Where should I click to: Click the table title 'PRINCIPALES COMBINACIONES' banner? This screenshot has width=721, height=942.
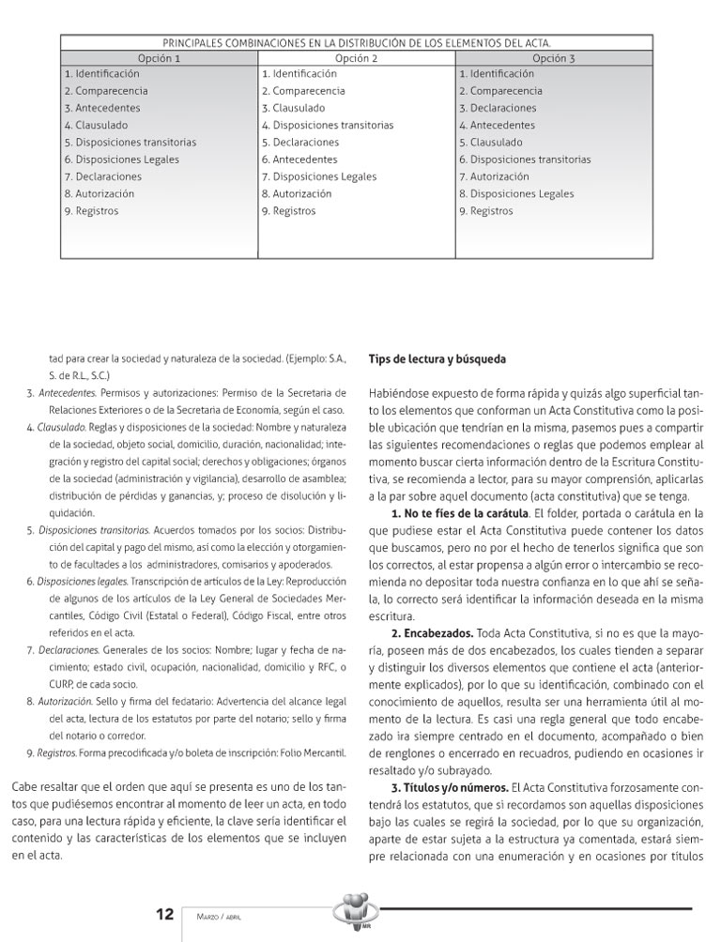click(357, 43)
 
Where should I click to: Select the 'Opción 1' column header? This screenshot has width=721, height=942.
click(160, 58)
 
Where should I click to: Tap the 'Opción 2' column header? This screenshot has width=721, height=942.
click(357, 58)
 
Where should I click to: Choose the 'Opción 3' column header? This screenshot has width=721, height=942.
click(554, 58)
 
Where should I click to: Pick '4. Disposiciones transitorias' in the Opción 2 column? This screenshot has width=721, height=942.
click(328, 125)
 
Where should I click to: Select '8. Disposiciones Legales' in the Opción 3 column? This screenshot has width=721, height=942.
click(516, 193)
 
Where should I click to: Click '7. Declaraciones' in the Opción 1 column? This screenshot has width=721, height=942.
click(103, 176)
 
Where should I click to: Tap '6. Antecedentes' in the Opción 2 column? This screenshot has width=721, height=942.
click(299, 160)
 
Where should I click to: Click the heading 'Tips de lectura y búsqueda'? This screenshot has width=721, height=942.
click(437, 358)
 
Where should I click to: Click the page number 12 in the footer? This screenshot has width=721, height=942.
click(164, 913)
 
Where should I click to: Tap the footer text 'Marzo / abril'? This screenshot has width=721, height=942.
click(219, 916)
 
